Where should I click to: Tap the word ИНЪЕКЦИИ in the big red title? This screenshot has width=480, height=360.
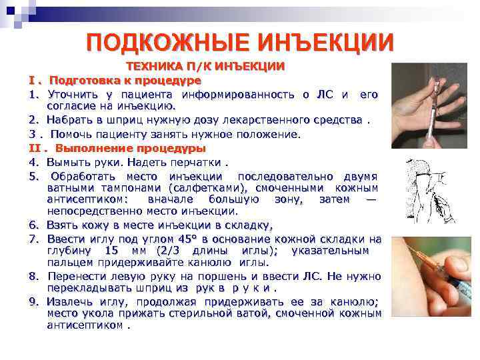click(325, 43)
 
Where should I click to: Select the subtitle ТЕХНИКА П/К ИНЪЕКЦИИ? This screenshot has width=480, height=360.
click(206, 67)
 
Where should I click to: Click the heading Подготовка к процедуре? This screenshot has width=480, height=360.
click(125, 81)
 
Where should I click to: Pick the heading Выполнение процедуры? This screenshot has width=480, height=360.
click(131, 149)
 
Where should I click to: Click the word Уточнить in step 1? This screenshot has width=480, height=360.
click(73, 95)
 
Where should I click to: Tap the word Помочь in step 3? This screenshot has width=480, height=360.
click(71, 134)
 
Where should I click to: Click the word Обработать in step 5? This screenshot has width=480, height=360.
click(83, 177)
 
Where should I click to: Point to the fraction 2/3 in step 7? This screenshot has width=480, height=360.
click(170, 251)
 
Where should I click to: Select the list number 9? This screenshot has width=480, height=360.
click(33, 302)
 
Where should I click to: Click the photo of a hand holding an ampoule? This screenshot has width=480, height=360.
click(429, 106)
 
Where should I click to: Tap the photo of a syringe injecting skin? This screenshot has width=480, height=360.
click(431, 277)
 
